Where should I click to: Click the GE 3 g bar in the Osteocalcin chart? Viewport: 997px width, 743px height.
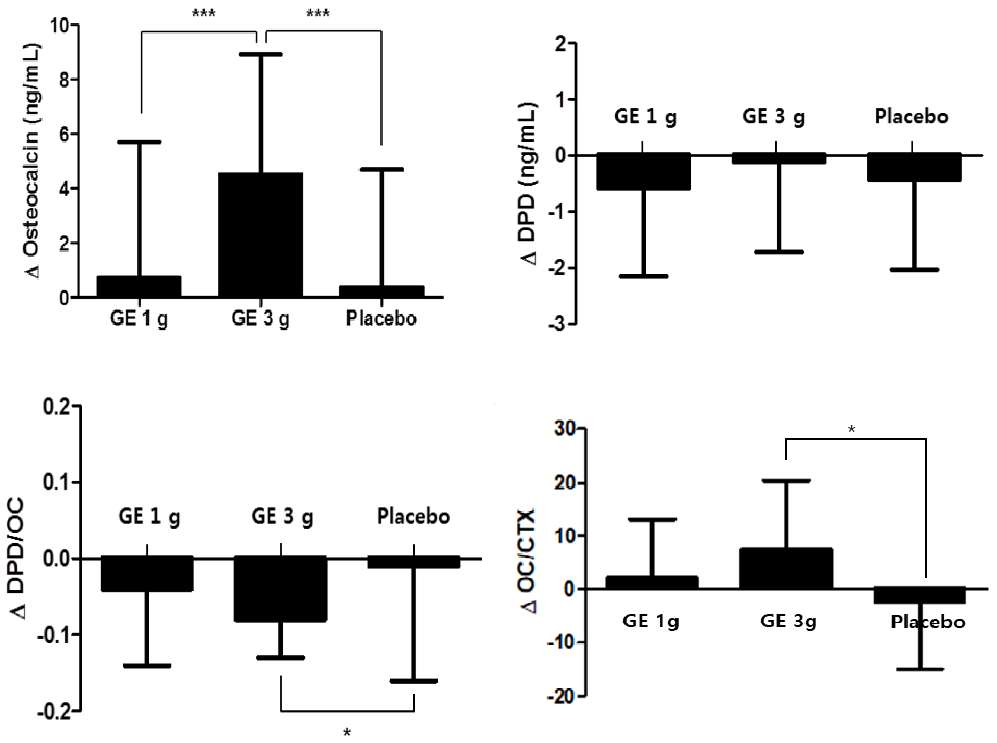(260, 235)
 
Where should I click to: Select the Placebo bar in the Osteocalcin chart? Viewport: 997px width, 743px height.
(381, 292)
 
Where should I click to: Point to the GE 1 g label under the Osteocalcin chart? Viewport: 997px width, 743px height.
(139, 318)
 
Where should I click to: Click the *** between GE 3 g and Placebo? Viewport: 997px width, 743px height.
(318, 14)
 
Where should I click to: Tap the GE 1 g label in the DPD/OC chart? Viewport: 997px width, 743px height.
(149, 516)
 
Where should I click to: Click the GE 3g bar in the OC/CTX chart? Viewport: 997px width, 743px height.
(786, 568)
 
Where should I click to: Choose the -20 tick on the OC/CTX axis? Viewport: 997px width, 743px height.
(561, 697)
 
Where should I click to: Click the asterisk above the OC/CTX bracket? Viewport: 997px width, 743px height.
(851, 430)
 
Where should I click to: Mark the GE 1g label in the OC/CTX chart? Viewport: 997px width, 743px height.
(650, 621)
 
